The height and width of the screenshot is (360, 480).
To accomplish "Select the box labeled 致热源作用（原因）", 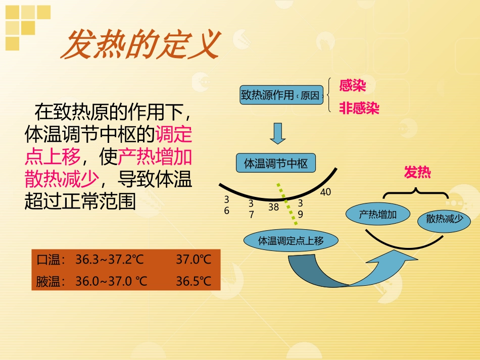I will pos(281,95).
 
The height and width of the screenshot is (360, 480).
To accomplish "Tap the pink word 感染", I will pos(352,86).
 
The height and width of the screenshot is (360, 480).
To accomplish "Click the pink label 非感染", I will pos(359,109).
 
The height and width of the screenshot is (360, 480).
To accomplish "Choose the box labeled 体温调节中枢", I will pos(275,164).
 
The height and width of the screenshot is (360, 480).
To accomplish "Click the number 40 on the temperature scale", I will pos(325,192).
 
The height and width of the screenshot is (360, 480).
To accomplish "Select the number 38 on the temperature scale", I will pos(273,207).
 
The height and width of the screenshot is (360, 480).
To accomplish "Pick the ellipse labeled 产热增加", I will pos(377,214).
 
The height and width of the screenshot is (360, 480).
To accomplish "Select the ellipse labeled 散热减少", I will pos(444,219).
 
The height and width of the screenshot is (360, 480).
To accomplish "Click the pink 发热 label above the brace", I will pos(417,173).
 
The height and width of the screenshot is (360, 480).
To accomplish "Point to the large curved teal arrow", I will pos(349,273).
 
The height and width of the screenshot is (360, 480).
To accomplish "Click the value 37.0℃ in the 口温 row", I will pos(194,260).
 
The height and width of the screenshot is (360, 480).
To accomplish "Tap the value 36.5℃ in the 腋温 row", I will pos(194,281).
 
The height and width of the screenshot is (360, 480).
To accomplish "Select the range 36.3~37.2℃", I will pos(110,260).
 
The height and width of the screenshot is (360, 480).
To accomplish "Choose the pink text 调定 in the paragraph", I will pos(173,134).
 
